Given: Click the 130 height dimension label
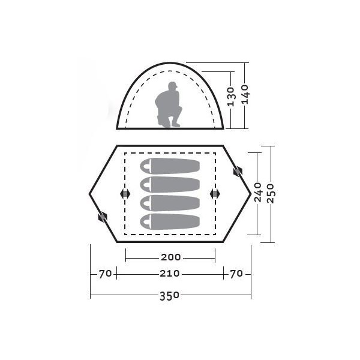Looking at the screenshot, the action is pos(232,97).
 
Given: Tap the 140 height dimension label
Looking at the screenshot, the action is pos(245,94).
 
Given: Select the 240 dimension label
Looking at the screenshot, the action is pos(258,192).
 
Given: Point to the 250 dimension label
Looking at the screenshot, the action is pos(271,193).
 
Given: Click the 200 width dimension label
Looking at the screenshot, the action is pos(171,257).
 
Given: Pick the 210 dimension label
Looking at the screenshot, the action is pos(170,274).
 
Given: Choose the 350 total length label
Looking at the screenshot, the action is pos(169,296).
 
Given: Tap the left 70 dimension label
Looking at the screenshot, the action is pos(105,274).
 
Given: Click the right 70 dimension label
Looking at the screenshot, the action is pos(236,274).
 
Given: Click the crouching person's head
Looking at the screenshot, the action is pos(173,86).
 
